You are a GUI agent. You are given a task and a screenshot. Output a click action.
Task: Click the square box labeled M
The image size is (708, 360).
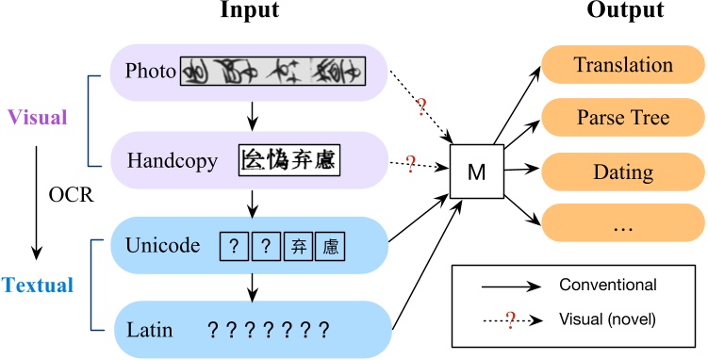click(x=475, y=172)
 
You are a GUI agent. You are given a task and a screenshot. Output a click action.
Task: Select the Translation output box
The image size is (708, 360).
click(x=623, y=66)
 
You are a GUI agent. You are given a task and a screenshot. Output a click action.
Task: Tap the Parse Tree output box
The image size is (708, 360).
click(x=623, y=118)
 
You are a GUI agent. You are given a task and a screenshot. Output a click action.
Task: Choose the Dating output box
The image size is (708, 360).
click(x=623, y=172)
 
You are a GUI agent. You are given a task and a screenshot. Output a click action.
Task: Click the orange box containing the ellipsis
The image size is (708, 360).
click(x=623, y=226)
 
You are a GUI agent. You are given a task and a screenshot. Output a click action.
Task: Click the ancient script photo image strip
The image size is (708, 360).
click(x=272, y=70)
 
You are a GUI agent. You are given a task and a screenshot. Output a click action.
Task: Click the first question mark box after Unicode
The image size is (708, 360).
click(x=234, y=247)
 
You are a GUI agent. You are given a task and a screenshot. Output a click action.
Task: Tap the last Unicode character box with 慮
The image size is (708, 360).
click(x=331, y=247)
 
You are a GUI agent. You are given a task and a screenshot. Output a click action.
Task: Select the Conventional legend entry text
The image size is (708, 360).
click(x=606, y=284)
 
